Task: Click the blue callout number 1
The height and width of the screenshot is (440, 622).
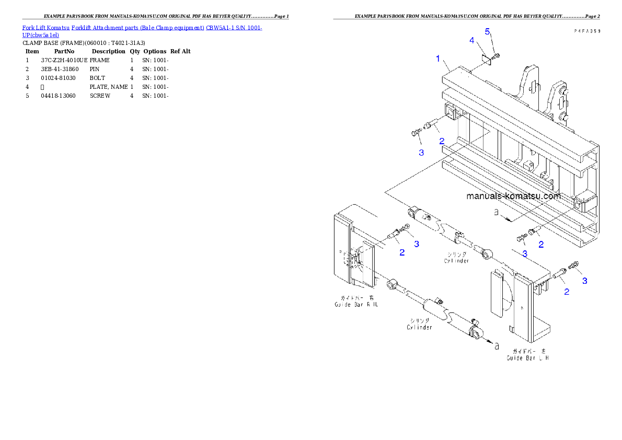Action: [438, 59]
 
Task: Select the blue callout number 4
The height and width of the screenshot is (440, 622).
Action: [471, 40]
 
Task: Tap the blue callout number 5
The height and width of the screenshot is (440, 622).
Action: [487, 32]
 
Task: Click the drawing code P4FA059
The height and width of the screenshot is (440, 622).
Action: [586, 31]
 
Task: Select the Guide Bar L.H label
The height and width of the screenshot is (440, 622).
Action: [527, 355]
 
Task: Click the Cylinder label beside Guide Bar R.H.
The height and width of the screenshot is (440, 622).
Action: [420, 324]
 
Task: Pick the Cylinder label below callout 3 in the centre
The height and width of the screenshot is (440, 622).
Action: [457, 257]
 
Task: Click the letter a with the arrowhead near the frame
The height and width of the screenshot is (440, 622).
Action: [497, 213]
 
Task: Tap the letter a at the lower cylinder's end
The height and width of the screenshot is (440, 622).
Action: [497, 345]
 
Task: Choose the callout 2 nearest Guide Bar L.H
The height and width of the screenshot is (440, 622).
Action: [567, 292]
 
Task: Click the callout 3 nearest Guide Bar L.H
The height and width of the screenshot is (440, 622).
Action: [584, 281]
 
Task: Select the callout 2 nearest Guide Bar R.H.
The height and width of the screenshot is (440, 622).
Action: [402, 252]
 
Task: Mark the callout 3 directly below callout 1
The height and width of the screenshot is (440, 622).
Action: [421, 153]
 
